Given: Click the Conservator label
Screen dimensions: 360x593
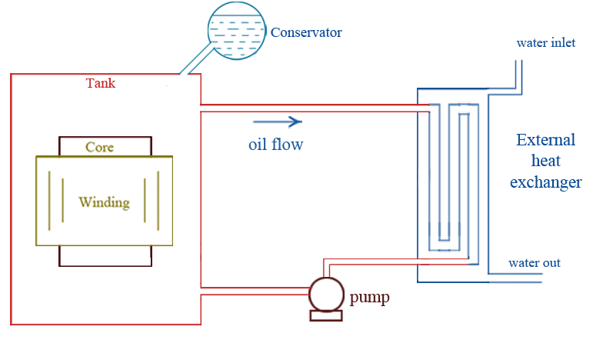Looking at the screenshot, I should (x=305, y=33).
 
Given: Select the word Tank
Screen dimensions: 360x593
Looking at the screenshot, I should (x=100, y=83).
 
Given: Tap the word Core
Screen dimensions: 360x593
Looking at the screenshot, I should (x=101, y=147).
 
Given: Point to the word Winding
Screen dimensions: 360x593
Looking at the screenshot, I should (x=104, y=203).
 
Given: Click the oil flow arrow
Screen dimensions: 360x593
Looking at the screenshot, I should (x=276, y=121).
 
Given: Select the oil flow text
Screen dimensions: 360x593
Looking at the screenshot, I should (x=275, y=144).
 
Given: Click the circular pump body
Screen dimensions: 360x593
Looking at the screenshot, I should (x=326, y=294).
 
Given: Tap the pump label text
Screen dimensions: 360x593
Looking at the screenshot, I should (x=368, y=296).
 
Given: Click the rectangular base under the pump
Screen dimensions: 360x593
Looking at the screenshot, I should (x=326, y=315).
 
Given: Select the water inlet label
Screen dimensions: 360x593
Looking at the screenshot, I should (x=545, y=43).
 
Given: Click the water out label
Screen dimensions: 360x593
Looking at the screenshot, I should (x=534, y=263).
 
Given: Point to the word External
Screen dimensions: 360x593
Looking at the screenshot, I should (x=545, y=140).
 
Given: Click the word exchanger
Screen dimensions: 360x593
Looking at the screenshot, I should (x=545, y=182).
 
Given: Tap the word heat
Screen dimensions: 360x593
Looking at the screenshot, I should (x=545, y=162).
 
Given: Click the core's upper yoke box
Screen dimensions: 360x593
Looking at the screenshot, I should (x=105, y=146).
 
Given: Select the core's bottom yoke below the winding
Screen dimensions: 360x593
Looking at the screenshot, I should (x=105, y=256).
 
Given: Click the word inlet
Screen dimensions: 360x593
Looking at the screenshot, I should (x=561, y=43).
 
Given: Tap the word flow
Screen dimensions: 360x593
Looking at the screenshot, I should (x=289, y=144).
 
